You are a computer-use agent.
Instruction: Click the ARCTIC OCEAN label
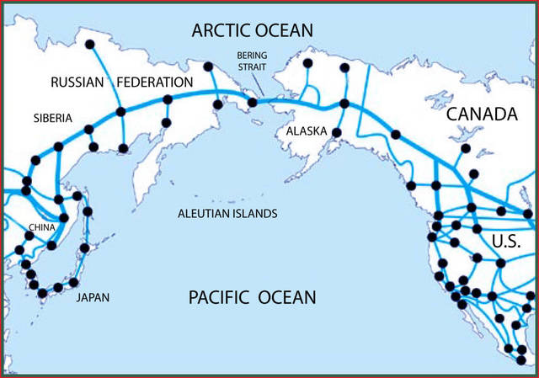coord(253,31)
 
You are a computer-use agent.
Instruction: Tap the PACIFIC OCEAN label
coord(252,297)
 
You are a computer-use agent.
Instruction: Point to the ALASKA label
coord(301,132)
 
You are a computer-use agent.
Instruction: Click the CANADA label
coord(481,114)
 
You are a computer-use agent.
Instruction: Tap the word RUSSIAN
coord(77,83)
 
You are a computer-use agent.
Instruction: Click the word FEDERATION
coord(154,83)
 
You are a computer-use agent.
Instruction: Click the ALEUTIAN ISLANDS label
coord(227,214)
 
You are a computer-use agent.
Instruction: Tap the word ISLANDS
coord(253,214)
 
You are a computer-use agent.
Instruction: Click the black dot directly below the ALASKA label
coord(337,133)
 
